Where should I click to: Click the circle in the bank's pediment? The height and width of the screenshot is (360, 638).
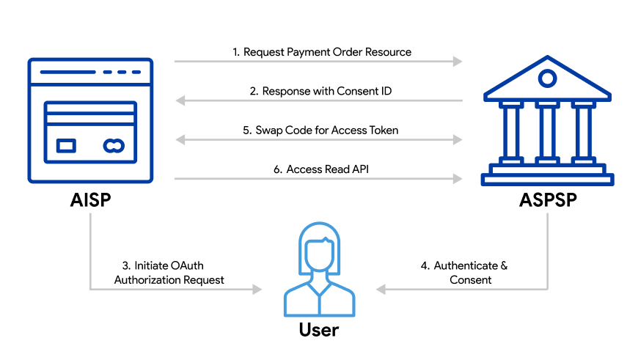point(547,78)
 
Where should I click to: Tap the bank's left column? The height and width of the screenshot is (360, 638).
point(511,133)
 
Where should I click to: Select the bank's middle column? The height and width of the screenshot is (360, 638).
point(547,133)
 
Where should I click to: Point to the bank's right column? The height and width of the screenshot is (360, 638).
point(583,133)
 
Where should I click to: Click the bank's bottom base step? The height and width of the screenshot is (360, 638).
point(547,180)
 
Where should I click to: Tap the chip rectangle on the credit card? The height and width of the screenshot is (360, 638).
point(66,146)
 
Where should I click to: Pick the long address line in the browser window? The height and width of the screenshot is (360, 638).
point(67,72)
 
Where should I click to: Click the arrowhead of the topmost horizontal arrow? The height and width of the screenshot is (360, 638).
point(458,62)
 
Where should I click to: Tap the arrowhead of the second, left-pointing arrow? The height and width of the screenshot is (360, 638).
point(180,100)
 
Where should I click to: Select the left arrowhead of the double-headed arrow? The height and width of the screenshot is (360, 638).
point(180,139)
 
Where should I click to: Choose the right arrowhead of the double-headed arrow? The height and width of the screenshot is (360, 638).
point(458,139)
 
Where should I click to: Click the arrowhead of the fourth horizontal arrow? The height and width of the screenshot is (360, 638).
point(458,179)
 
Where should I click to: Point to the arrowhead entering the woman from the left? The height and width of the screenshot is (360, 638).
point(257,290)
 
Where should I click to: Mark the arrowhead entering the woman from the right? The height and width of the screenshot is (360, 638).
point(381,290)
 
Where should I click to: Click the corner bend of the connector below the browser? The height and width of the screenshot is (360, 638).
point(90,290)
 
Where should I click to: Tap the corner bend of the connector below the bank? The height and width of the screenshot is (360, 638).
point(548,290)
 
